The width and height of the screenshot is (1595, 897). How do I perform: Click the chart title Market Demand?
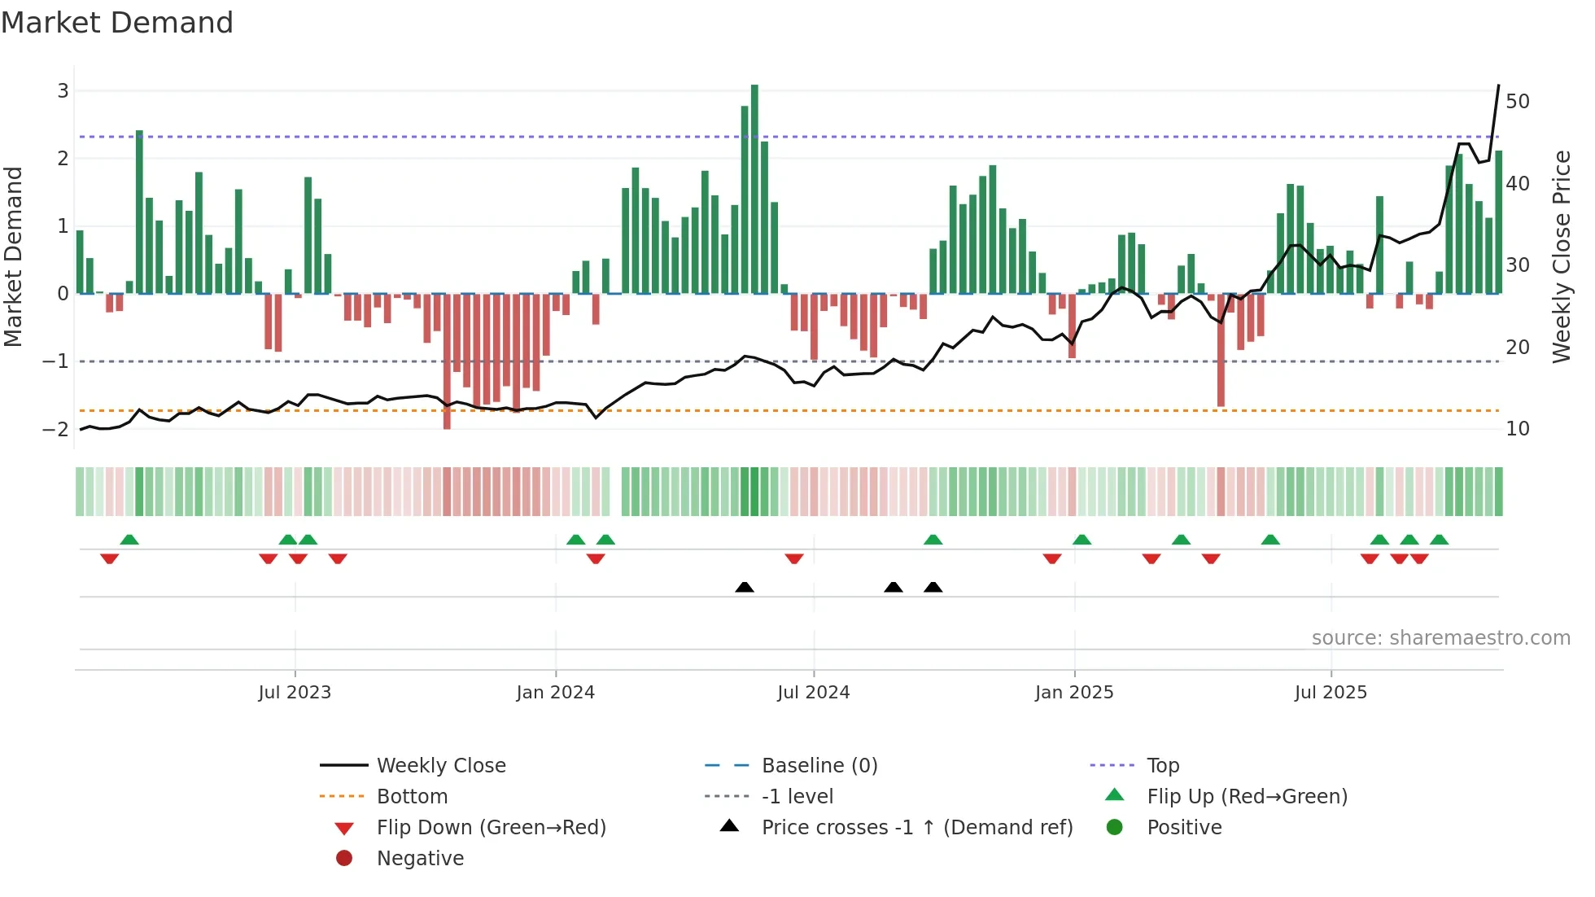point(117,23)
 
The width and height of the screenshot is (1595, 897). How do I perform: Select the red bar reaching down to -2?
point(447,361)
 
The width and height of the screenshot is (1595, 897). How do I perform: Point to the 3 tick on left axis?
point(63,91)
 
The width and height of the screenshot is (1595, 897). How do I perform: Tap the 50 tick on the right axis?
point(1517,102)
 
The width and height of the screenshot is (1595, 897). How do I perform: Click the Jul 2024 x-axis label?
point(813,693)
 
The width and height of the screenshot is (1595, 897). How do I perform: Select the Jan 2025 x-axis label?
point(1073,693)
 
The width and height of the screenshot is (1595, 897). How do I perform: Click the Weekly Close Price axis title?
point(1561,256)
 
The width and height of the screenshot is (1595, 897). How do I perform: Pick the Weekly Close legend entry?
point(440,766)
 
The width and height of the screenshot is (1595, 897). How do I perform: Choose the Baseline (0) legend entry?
point(819,766)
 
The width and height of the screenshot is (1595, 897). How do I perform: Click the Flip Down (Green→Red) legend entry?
point(491,828)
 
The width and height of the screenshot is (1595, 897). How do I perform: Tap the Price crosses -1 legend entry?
point(916,828)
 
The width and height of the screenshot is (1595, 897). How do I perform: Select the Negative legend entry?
point(420,859)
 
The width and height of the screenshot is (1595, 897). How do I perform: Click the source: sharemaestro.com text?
point(1440,638)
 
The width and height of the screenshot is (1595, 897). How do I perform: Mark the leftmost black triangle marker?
point(744,587)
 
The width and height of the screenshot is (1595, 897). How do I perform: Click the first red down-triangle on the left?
point(109,558)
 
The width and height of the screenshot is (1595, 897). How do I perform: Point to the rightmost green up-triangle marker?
point(1439,540)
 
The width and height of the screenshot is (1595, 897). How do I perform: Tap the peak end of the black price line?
point(1498,85)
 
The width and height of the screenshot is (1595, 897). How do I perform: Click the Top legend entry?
point(1162,766)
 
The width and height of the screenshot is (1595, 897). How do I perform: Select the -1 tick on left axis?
point(57,361)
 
